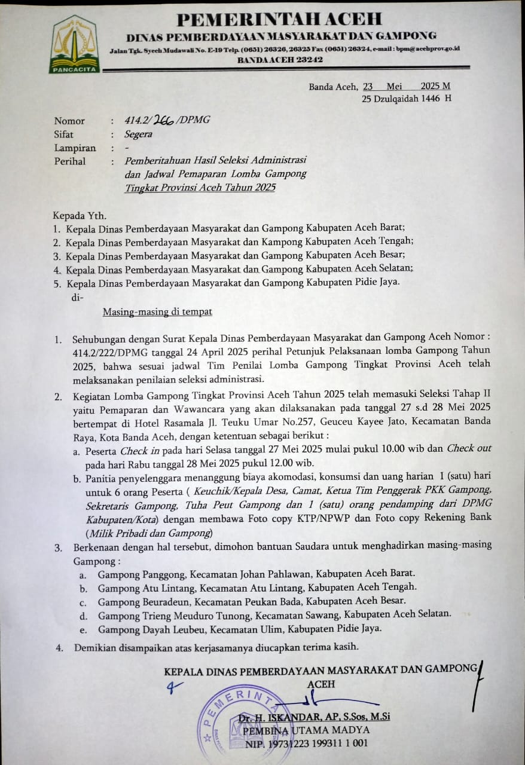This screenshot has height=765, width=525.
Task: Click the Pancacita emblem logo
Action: pyautogui.click(x=74, y=44)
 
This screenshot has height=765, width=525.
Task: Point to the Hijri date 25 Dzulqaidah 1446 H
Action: pyautogui.click(x=406, y=98)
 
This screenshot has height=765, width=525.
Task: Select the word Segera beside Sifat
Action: pyautogui.click(x=138, y=134)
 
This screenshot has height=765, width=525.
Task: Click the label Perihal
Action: pyautogui.click(x=70, y=161)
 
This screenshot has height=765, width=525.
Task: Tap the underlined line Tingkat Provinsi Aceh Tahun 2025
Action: pyautogui.click(x=200, y=188)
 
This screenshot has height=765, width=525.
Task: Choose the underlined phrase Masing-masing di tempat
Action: pyautogui.click(x=157, y=311)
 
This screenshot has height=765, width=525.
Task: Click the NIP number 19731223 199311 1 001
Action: pyautogui.click(x=320, y=743)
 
